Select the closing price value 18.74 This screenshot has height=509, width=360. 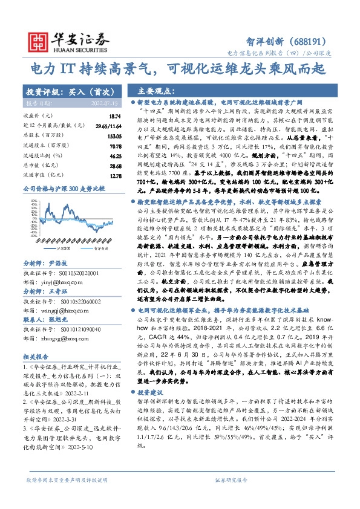[115, 115]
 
